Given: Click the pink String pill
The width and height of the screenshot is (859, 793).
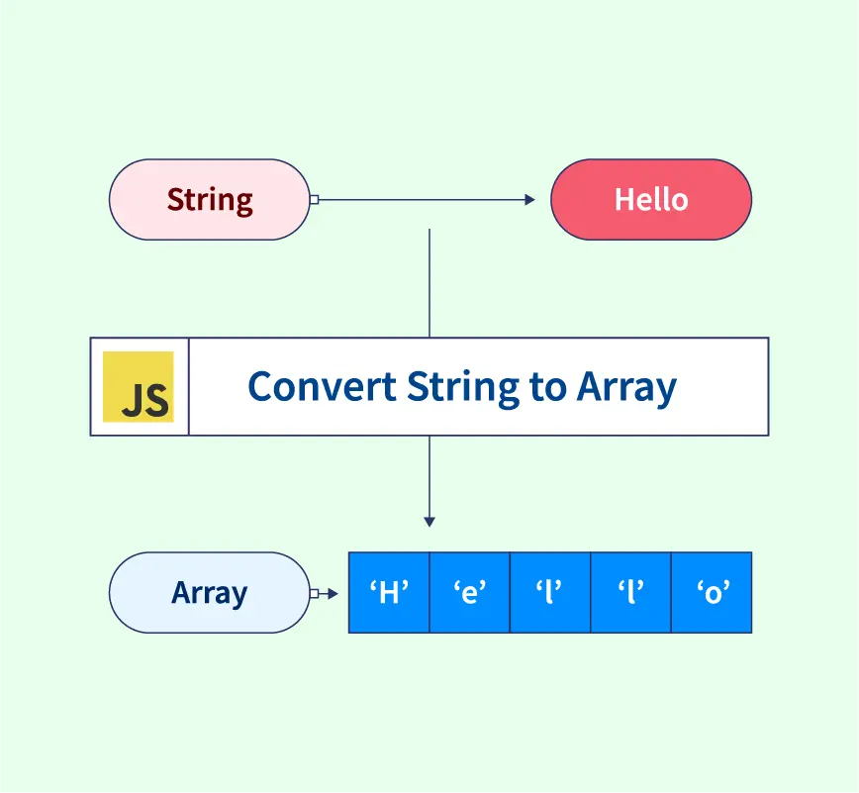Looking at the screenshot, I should [x=209, y=200].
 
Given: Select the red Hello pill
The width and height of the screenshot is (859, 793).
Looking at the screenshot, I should [x=650, y=200].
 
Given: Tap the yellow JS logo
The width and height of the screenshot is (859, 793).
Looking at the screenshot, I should [x=139, y=387].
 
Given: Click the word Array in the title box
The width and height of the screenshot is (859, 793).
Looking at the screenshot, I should [x=626, y=386].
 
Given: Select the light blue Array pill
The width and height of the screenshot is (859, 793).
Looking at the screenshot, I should [x=209, y=593].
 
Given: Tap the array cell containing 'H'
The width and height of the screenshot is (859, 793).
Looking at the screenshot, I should [x=389, y=593].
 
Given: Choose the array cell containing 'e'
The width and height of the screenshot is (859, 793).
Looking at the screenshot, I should [x=469, y=593].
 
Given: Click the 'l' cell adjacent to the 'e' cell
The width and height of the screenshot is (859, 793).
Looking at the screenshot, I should [x=550, y=593].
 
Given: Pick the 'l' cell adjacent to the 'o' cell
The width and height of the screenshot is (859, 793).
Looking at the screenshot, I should [x=630, y=593].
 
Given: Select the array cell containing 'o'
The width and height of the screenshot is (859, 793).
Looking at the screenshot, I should [x=712, y=593].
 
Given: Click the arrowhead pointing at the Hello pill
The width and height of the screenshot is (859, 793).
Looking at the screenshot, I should [x=529, y=200].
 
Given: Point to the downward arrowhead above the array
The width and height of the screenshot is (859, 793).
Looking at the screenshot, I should [x=429, y=521].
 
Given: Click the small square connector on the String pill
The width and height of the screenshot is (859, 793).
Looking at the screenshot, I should [x=314, y=200].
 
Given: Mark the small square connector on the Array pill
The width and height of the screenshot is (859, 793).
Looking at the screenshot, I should [x=314, y=594].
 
